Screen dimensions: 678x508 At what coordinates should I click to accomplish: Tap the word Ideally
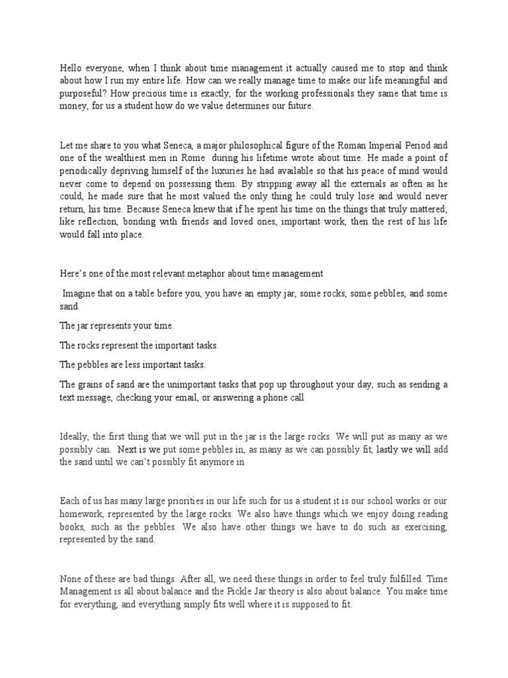coord(76,437)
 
